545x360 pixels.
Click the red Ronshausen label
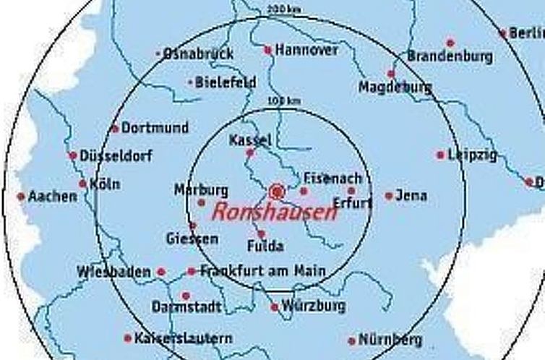pyautogui.click(x=274, y=212)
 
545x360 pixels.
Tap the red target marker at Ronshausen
pyautogui.click(x=276, y=192)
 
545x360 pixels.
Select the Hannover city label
pyautogui.click(x=306, y=50)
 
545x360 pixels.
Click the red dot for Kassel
pyautogui.click(x=250, y=153)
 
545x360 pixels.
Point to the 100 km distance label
pyautogui.click(x=283, y=100)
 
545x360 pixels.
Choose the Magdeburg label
pyautogui.click(x=395, y=87)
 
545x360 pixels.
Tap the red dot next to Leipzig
pyautogui.click(x=439, y=155)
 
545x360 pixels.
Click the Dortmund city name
pyautogui.click(x=155, y=128)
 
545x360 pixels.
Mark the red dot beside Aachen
pyautogui.click(x=21, y=197)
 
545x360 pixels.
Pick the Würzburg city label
pyautogui.click(x=314, y=306)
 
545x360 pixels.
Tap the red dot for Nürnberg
pyautogui.click(x=352, y=340)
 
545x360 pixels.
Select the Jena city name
pyautogui.click(x=412, y=195)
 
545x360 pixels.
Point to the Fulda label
pyautogui.click(x=265, y=246)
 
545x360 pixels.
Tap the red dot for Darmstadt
pyautogui.click(x=186, y=296)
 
